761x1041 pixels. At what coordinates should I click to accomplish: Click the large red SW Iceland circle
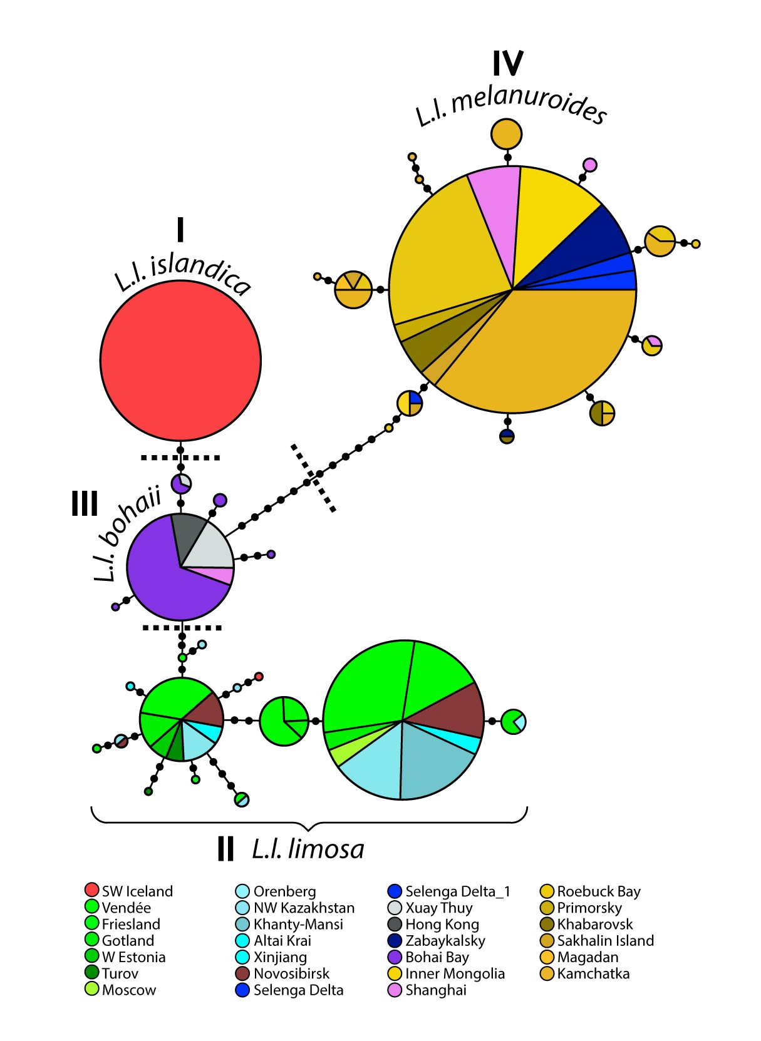click(180, 360)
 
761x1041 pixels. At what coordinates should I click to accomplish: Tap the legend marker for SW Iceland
click(91, 890)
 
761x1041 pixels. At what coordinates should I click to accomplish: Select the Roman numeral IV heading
click(507, 63)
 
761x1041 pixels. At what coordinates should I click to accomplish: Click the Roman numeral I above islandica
click(180, 230)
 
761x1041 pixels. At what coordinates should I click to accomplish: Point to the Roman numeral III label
click(85, 503)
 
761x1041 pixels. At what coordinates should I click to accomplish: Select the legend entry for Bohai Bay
click(437, 957)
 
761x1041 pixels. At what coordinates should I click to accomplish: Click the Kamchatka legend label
click(593, 973)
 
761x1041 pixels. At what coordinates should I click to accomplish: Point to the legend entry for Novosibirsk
click(291, 973)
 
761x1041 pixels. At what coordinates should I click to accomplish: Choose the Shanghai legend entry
click(435, 990)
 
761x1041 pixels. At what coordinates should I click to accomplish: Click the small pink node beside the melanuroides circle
click(589, 165)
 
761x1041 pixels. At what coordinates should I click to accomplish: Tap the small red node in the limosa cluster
click(259, 677)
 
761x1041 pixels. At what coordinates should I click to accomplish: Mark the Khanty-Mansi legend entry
click(298, 925)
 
